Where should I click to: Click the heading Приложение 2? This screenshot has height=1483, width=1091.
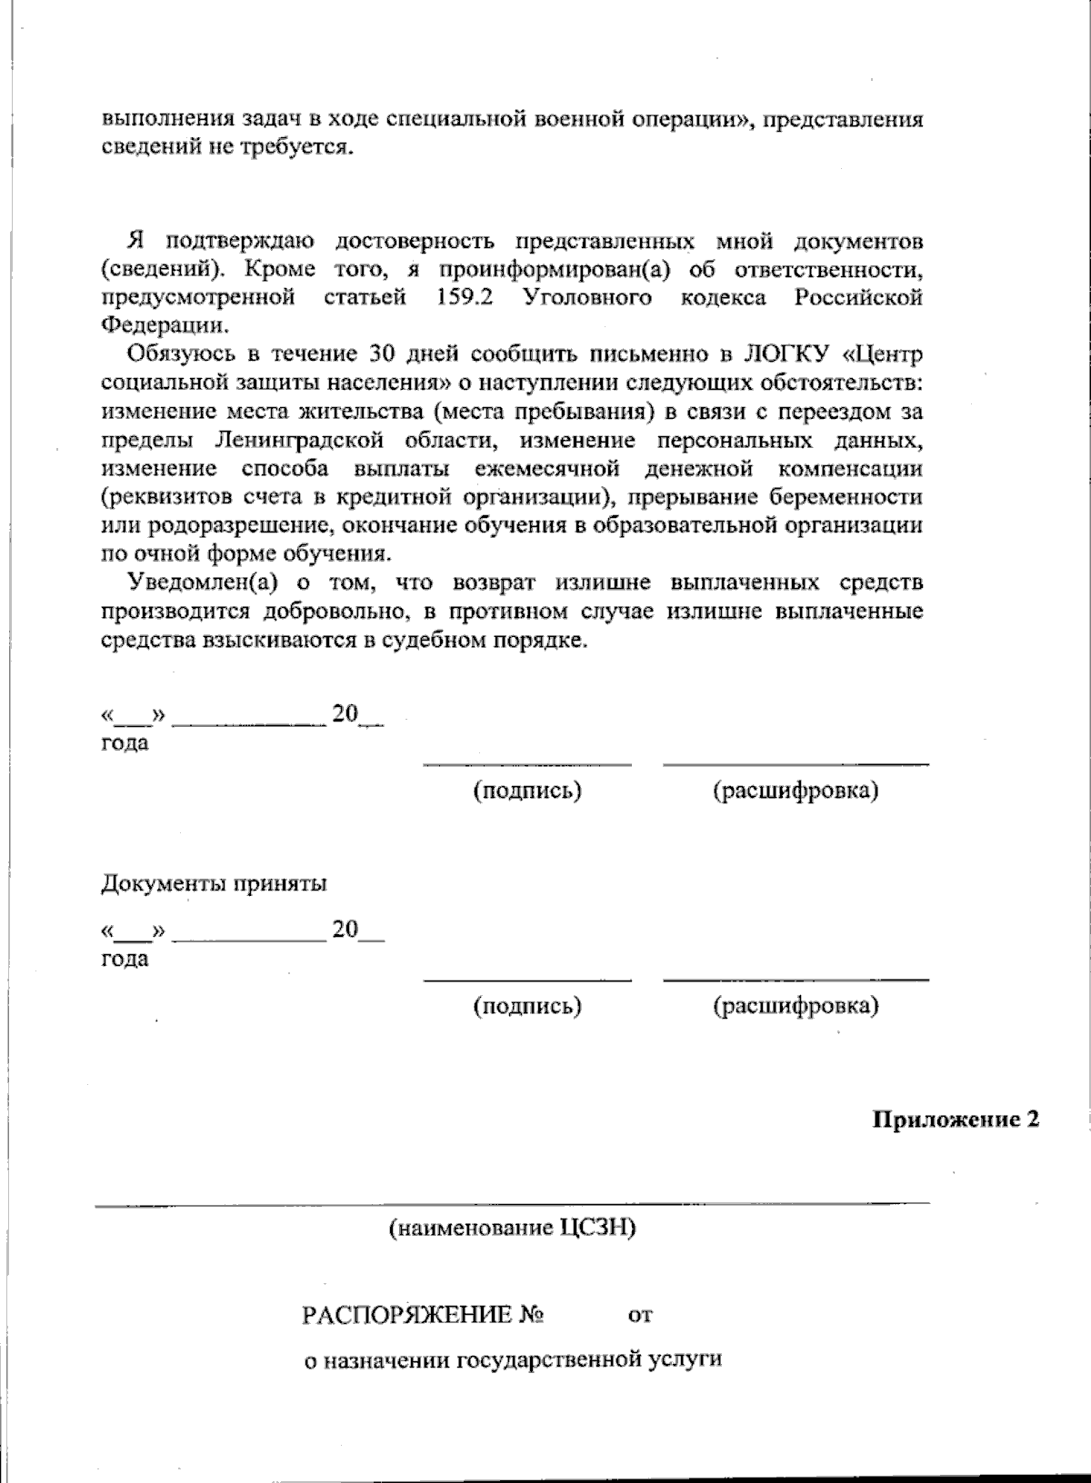[955, 1120]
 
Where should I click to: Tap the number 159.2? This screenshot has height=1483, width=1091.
[464, 297]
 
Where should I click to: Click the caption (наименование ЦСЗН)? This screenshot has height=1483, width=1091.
[512, 1229]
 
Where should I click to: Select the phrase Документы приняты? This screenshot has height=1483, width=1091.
[214, 883]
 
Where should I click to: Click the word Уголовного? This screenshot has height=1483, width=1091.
[587, 297]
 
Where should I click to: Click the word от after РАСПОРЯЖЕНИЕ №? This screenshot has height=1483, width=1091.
[640, 1315]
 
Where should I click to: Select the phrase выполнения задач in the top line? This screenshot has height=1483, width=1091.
[189, 120]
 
